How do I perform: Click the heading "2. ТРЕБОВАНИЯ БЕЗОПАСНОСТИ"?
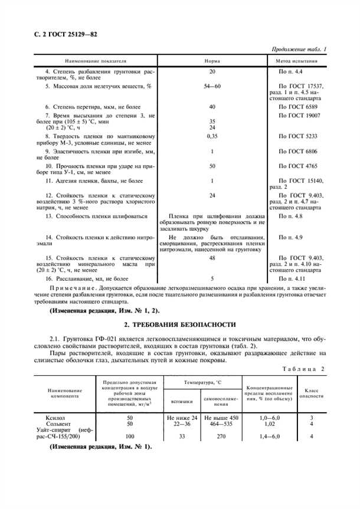coord(179,324)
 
